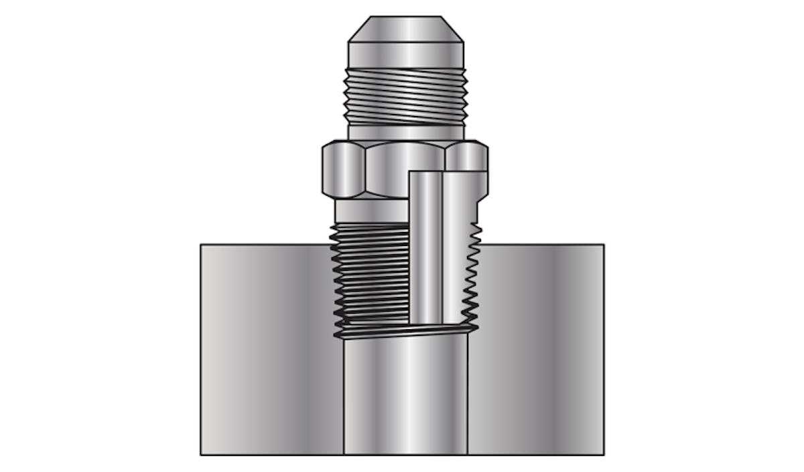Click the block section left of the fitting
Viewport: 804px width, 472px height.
[x=268, y=349]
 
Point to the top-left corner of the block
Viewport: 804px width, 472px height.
[x=201, y=245]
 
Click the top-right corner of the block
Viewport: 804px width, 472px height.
[x=604, y=245]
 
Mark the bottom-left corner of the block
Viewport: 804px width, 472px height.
[x=201, y=455]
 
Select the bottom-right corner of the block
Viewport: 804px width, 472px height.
[x=604, y=455]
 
